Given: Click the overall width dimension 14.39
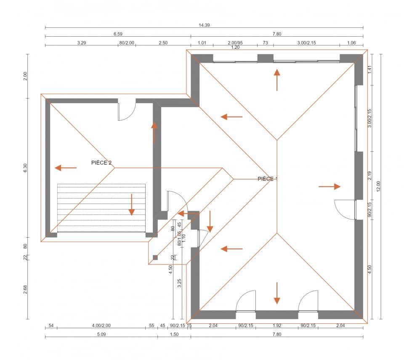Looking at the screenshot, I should point(204,25).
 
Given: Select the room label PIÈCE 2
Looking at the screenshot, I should point(101,162).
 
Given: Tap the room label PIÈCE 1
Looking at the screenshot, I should point(267,179).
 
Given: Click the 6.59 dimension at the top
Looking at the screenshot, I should point(118,34).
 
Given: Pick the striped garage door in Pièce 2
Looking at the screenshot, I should point(101,208).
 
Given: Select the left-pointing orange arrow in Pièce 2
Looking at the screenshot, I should point(66,168).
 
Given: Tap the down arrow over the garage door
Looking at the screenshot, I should point(131,204).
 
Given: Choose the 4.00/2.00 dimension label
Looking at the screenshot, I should point(101,326).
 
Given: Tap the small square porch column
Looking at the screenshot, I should point(155,257).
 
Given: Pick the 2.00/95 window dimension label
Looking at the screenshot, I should point(235,43).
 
